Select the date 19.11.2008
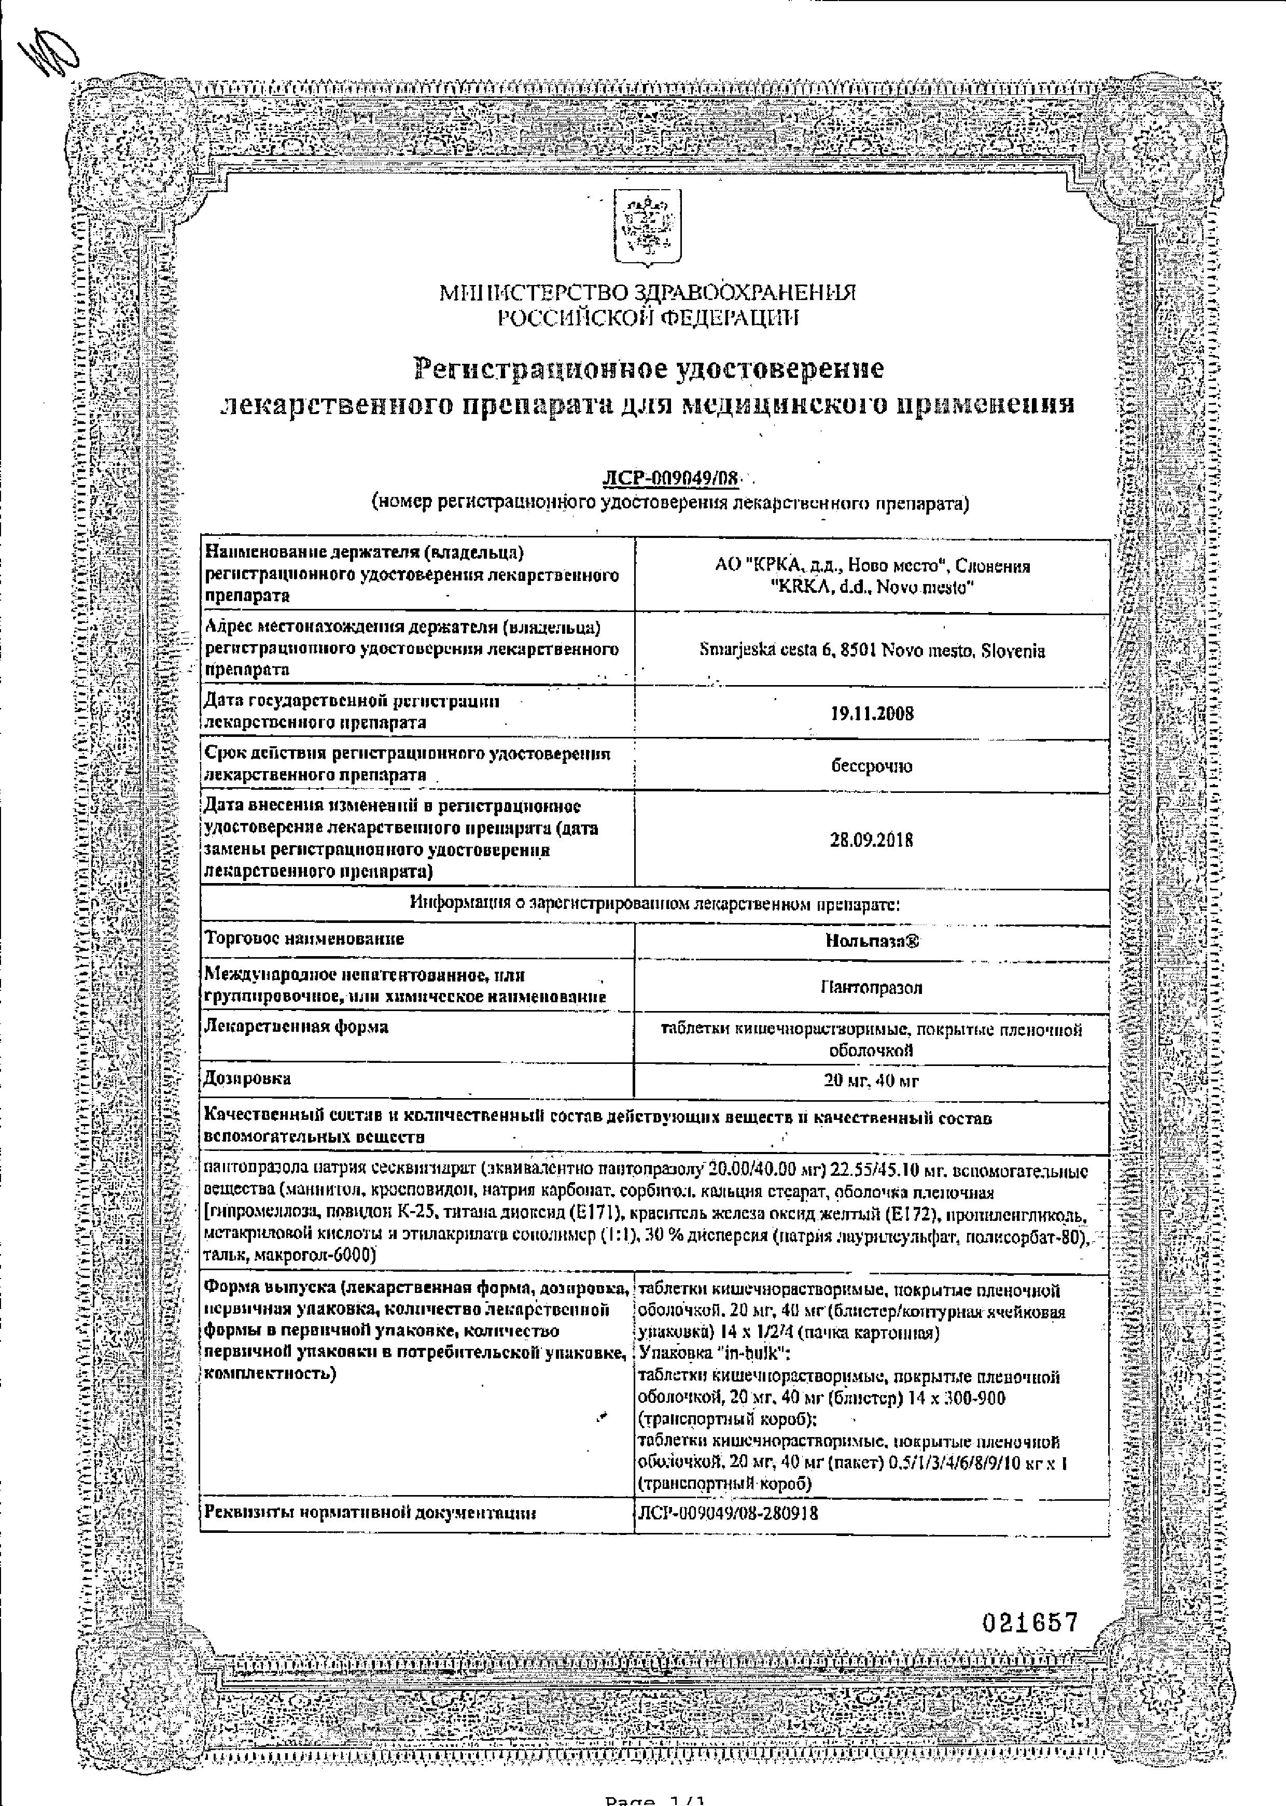pos(871,713)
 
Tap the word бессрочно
pos(871,766)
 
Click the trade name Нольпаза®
pos(871,942)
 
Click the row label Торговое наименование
pos(304,938)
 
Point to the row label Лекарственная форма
pos(296,1027)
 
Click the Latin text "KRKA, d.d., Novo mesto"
pos(871,588)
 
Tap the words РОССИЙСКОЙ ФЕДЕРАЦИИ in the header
pos(648,319)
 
